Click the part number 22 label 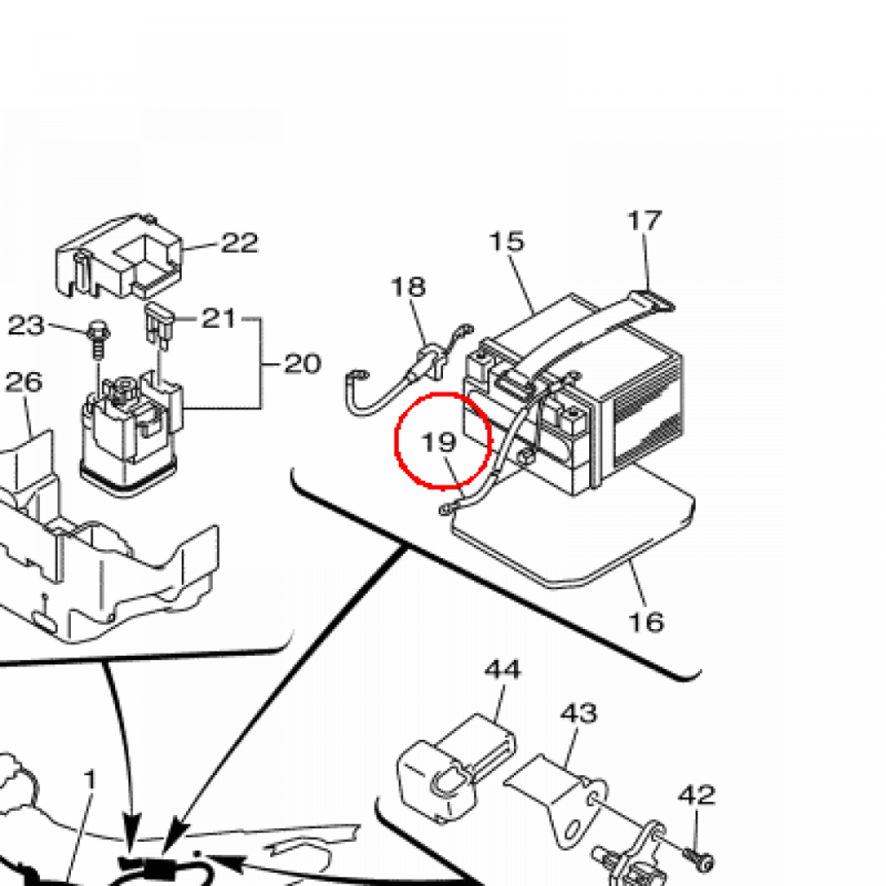(x=239, y=243)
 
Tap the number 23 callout (x=26, y=325)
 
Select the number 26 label (x=23, y=382)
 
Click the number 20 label (x=302, y=363)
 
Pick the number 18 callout (x=408, y=286)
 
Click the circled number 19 (x=439, y=442)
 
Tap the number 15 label (x=506, y=241)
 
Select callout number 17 (x=645, y=221)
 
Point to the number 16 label (x=646, y=621)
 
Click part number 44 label (x=503, y=669)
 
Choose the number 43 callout (x=579, y=713)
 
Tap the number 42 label (x=697, y=793)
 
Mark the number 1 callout (x=90, y=780)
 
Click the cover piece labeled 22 (x=121, y=256)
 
